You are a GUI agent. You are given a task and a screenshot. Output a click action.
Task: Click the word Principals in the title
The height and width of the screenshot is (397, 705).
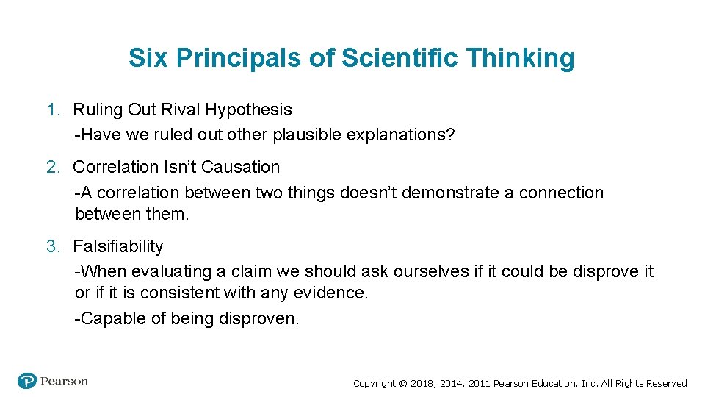pos(237,58)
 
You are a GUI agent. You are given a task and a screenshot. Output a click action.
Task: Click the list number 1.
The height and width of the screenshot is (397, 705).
pos(52,110)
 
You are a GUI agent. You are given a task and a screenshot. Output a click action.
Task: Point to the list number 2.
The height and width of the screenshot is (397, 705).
pos(52,168)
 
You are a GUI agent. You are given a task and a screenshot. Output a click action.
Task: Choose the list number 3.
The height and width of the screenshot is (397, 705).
pos(52,247)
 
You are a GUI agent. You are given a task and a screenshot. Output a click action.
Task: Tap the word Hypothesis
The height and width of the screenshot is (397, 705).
pos(249,110)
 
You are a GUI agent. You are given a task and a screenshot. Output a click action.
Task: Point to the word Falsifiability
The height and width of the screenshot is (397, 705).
pos(118,247)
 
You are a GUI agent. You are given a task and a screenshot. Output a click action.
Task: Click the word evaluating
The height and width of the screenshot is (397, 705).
pos(170,272)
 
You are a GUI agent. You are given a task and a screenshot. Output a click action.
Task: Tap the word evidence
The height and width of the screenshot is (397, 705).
pos(331,293)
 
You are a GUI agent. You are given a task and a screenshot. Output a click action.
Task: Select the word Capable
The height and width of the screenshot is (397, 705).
pos(112,319)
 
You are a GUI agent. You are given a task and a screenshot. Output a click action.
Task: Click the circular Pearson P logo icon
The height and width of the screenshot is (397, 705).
pos(27,381)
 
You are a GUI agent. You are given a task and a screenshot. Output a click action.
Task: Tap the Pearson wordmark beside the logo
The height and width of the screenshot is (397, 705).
pos(64,381)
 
